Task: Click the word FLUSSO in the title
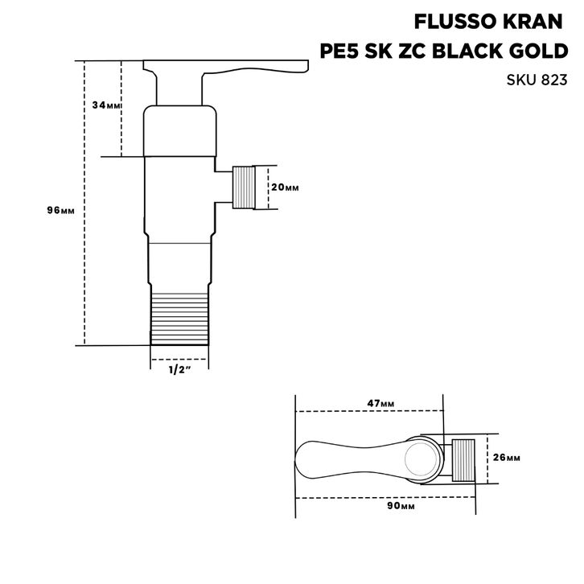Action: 456,22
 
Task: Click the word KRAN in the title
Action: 533,22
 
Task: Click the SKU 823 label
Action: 537,80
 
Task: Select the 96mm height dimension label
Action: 60,211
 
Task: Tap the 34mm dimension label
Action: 106,105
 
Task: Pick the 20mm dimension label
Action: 285,187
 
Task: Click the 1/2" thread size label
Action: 180,370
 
